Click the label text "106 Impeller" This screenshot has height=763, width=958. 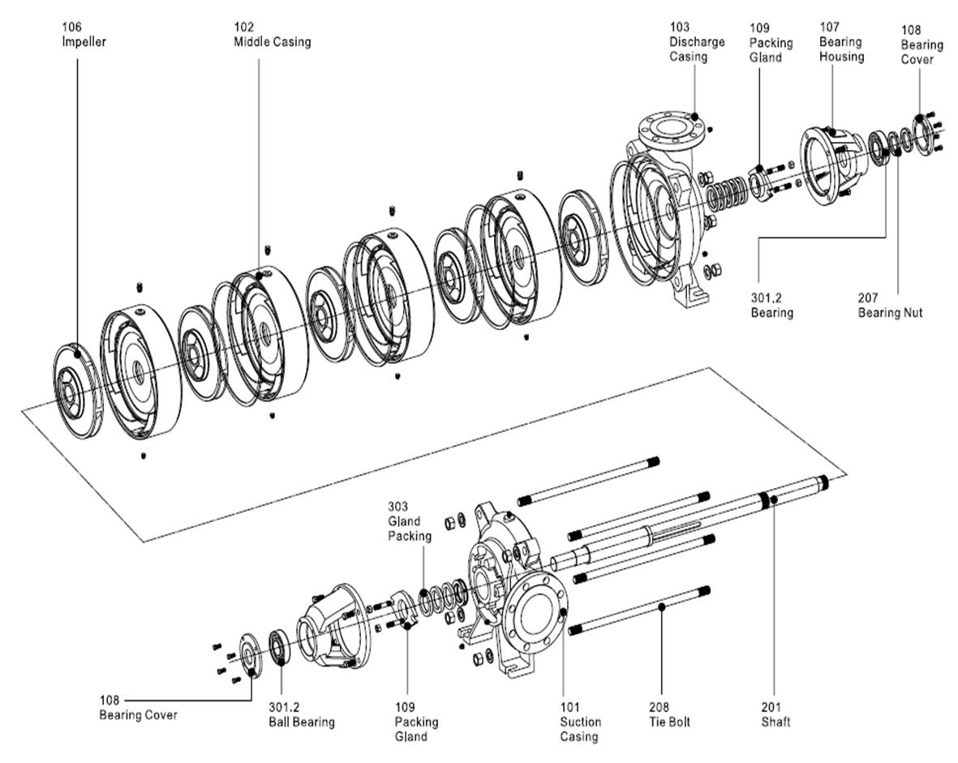pos(84,34)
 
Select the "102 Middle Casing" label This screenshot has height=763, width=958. pos(272,34)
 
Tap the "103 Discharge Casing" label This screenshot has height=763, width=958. pos(697,41)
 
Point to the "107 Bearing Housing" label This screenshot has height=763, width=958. pos(841,41)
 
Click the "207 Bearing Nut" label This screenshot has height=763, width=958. pos(890,306)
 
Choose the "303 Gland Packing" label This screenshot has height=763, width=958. pos(410,521)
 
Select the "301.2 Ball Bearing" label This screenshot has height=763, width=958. pos(302,714)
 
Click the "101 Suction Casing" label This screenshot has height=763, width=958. pos(581,722)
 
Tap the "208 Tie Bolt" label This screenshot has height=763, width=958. pos(669,714)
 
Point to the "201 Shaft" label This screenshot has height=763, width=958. pos(775,714)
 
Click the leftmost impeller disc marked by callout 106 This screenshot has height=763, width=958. pos(78,391)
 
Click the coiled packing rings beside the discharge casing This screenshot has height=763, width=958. pos(726,194)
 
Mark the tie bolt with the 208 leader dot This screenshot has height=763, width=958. pos(639,609)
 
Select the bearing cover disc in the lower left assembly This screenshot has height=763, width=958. pos(248,655)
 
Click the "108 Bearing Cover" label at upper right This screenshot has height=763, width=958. pos(921,45)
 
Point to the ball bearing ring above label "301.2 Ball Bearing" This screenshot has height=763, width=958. pos(280,646)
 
